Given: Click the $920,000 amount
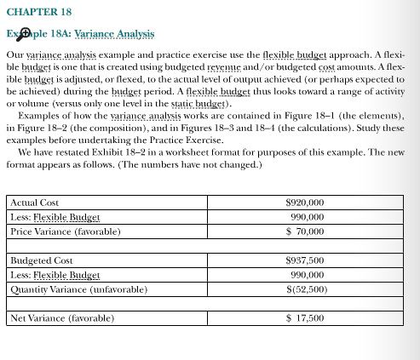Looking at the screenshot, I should [305, 203].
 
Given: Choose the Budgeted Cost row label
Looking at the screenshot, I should [40, 260].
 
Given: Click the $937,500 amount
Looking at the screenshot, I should [305, 260].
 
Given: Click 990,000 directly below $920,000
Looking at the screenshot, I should [308, 217].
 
